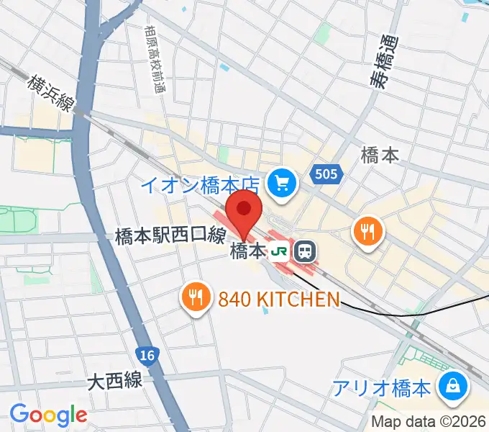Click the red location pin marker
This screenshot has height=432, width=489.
(244, 210)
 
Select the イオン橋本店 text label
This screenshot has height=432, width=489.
(200, 186)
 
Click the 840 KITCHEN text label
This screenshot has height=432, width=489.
(278, 299)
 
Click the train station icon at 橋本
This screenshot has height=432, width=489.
(306, 252)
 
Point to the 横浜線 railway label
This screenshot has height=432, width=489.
(50, 94)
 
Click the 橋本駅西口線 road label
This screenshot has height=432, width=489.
(171, 235)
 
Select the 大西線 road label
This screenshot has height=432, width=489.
(115, 380)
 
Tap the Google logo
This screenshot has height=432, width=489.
(48, 415)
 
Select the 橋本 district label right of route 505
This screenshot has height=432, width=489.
(380, 155)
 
